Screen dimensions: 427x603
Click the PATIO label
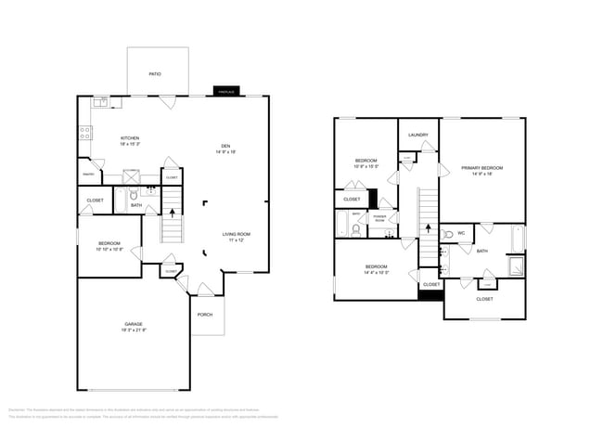pos(155,73)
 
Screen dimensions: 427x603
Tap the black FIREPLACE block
pos(225,92)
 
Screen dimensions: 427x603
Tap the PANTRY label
pos(89,174)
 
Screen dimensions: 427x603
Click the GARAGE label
pos(134,324)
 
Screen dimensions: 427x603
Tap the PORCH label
pos(205,314)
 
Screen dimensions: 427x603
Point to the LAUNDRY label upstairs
pos(417,136)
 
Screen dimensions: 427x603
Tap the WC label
pos(461,232)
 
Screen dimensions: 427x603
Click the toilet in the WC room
pos(446,237)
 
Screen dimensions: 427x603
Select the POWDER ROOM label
pos(379,218)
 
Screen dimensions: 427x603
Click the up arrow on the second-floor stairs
pos(428,226)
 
